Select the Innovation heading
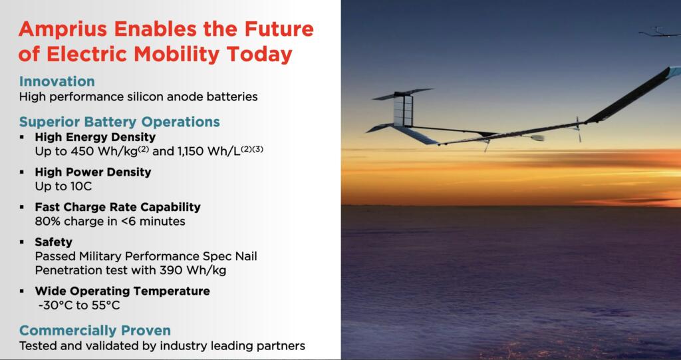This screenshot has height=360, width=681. [57, 81]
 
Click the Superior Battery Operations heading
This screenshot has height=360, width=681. [120, 122]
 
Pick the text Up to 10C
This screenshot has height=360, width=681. [63, 186]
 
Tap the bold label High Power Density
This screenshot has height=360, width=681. [93, 172]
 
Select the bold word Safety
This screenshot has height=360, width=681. [53, 242]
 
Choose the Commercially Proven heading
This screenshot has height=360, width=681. [95, 331]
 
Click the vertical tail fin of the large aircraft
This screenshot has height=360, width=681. [402, 110]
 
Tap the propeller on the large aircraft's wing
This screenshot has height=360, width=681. [578, 128]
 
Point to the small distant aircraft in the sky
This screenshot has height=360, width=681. [659, 32]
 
